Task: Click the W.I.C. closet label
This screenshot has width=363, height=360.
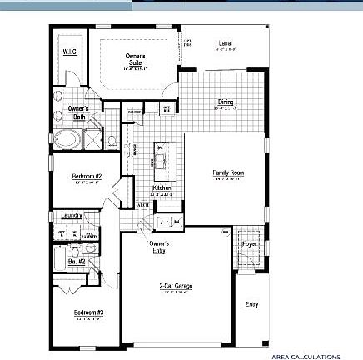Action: point(70,52)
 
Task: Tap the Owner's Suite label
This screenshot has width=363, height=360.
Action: point(135,58)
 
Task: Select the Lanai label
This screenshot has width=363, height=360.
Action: point(225,42)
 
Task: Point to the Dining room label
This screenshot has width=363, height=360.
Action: point(226,102)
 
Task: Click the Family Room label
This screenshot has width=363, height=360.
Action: point(228,173)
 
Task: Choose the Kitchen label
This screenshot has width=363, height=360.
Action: point(162,188)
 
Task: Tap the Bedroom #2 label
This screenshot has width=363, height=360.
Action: point(86,177)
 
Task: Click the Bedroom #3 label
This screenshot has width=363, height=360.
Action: point(87,312)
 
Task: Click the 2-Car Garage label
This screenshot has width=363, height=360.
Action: point(176,286)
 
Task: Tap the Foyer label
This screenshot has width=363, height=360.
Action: point(249,244)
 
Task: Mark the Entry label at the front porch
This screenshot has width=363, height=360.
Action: point(251,303)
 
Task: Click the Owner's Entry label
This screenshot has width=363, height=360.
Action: point(159,246)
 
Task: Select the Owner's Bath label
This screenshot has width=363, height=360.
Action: point(78,112)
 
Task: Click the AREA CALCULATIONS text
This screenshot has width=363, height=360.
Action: point(305,356)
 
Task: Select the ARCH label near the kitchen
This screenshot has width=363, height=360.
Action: point(142,204)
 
